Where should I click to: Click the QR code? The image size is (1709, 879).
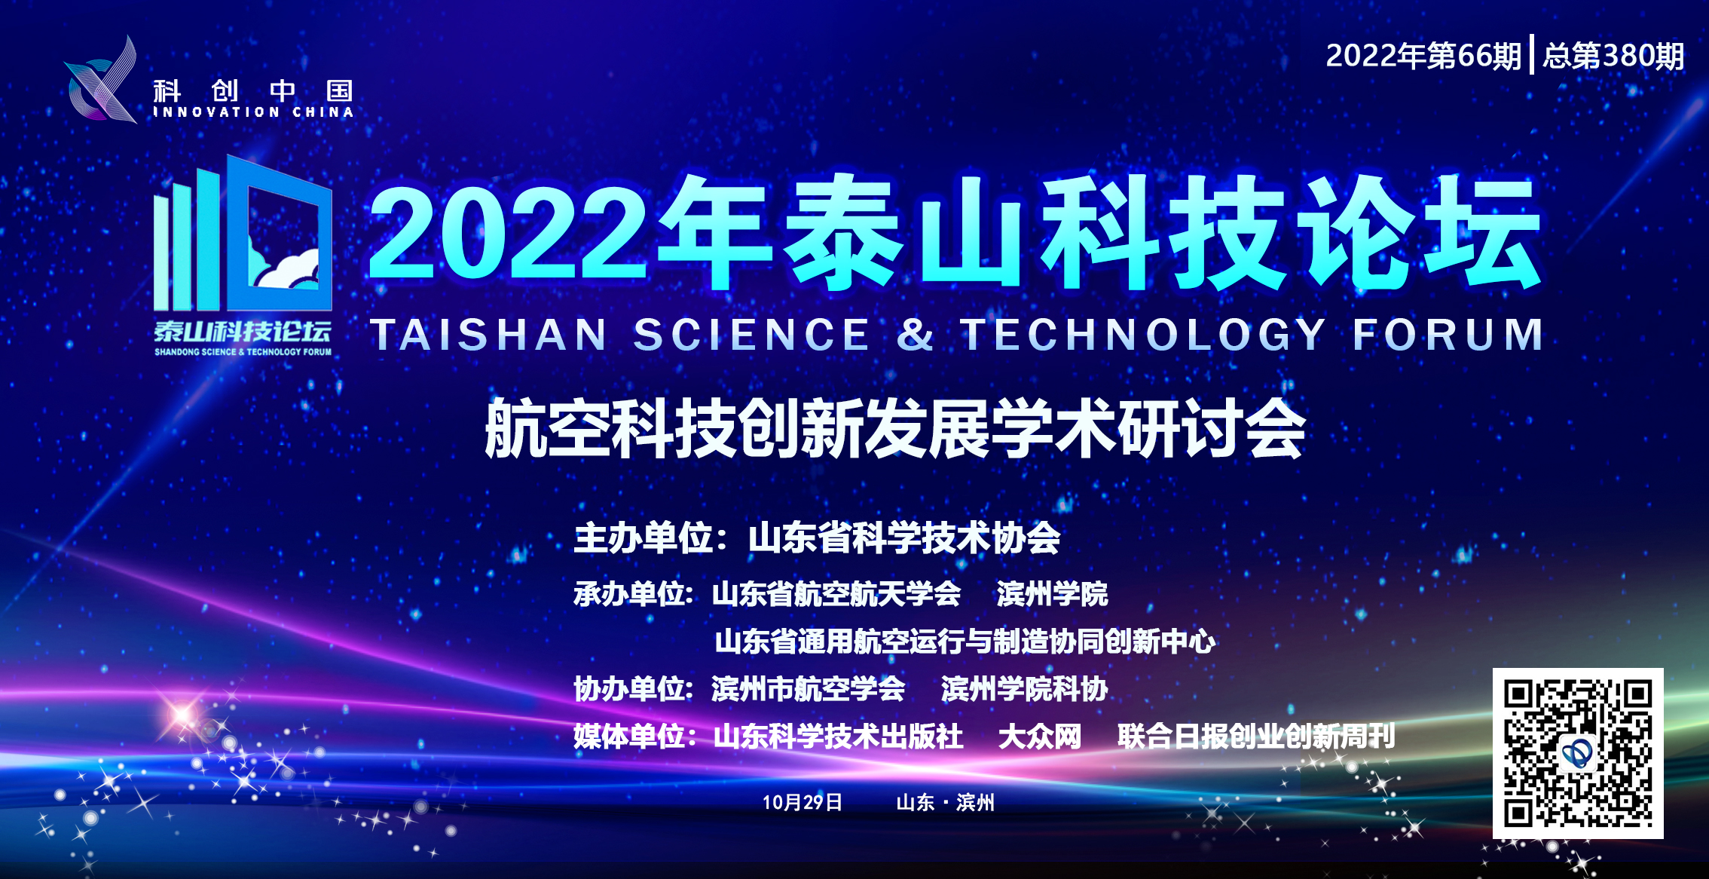click(x=1578, y=753)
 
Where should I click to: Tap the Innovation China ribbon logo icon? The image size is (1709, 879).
click(x=102, y=80)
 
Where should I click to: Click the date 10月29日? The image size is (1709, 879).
click(x=802, y=802)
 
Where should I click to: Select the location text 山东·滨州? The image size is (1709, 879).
click(x=945, y=802)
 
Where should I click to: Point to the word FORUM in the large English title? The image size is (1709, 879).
click(x=1447, y=334)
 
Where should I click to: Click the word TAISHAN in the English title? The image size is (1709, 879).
click(x=488, y=334)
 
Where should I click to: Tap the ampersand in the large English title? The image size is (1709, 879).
click(x=915, y=334)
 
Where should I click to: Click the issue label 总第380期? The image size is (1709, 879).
click(x=1613, y=55)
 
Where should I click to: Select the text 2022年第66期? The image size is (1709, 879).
click(x=1423, y=55)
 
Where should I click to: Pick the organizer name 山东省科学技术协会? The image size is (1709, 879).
click(x=904, y=538)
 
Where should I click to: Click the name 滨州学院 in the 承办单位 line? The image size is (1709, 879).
click(x=1052, y=594)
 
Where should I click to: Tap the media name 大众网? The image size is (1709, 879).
click(x=1040, y=737)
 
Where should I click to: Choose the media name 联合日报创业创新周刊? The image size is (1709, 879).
click(x=1256, y=737)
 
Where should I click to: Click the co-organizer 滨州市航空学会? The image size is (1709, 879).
click(x=808, y=689)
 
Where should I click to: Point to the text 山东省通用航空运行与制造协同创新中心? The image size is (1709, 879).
click(x=965, y=642)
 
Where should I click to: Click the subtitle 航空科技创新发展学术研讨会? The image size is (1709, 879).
click(x=895, y=428)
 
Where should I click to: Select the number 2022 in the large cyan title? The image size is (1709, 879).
click(x=508, y=234)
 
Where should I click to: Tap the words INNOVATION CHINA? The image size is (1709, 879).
click(x=253, y=112)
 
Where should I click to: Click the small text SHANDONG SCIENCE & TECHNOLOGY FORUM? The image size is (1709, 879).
click(x=243, y=352)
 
